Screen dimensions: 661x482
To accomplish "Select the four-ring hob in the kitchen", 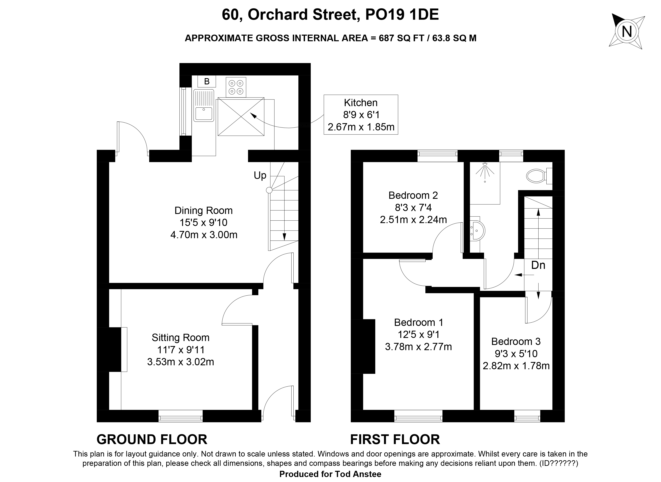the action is click(236, 87).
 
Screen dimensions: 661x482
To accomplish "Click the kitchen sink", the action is click(203, 105).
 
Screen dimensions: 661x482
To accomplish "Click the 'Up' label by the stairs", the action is click(260, 175).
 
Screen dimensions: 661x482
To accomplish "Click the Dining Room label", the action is click(203, 210).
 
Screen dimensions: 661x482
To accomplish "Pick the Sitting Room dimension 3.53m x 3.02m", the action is click(180, 362).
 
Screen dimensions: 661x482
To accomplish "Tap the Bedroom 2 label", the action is click(413, 195).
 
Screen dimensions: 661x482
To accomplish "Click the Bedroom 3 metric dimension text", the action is click(516, 365).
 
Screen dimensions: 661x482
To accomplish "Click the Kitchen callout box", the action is click(361, 115).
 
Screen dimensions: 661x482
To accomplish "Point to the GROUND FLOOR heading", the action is click(152, 440).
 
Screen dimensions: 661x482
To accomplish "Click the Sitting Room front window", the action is click(180, 416).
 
